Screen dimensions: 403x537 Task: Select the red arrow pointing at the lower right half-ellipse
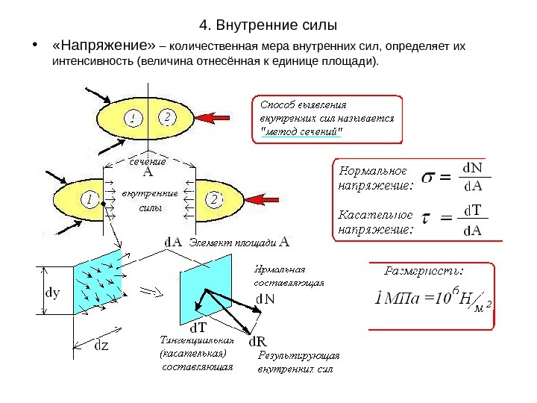click(x=261, y=199)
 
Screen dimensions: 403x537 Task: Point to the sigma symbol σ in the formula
click(x=428, y=177)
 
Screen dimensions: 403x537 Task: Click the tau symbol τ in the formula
click(x=427, y=220)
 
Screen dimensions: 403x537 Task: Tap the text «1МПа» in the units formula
click(x=395, y=299)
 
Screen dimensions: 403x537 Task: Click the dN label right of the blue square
click(x=266, y=299)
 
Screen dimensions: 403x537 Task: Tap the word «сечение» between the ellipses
click(x=148, y=160)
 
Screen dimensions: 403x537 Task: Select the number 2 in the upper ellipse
click(x=169, y=116)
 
